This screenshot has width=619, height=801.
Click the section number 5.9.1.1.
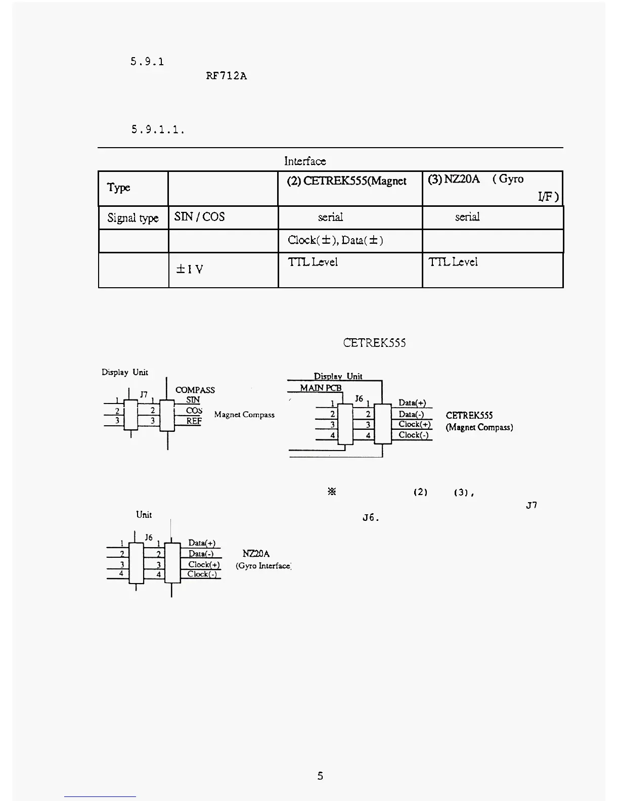pyautogui.click(x=158, y=129)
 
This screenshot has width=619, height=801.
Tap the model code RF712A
pyautogui.click(x=226, y=76)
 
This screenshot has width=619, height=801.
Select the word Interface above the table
pyautogui.click(x=305, y=161)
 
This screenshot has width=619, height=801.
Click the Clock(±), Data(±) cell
pyautogui.click(x=335, y=240)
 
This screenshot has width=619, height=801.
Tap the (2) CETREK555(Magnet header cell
pyautogui.click(x=346, y=181)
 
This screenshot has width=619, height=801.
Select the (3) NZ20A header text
pyautogui.click(x=454, y=179)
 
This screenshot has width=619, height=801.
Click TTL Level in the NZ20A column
pyautogui.click(x=453, y=262)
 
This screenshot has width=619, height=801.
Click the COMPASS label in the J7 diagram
pyautogui.click(x=195, y=390)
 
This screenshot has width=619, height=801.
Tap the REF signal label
pyautogui.click(x=194, y=421)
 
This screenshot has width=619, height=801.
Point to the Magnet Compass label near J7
pyautogui.click(x=244, y=415)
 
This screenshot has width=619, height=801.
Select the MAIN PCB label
pyautogui.click(x=321, y=388)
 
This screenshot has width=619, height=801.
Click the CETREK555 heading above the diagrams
pyautogui.click(x=374, y=343)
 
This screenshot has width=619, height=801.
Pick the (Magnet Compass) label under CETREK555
pyautogui.click(x=479, y=427)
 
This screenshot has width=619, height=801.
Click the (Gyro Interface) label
pyautogui.click(x=263, y=566)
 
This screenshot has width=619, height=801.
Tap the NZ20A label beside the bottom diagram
pyautogui.click(x=256, y=554)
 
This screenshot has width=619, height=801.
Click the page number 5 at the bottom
pyautogui.click(x=320, y=776)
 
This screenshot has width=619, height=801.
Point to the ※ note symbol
pyautogui.click(x=332, y=492)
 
